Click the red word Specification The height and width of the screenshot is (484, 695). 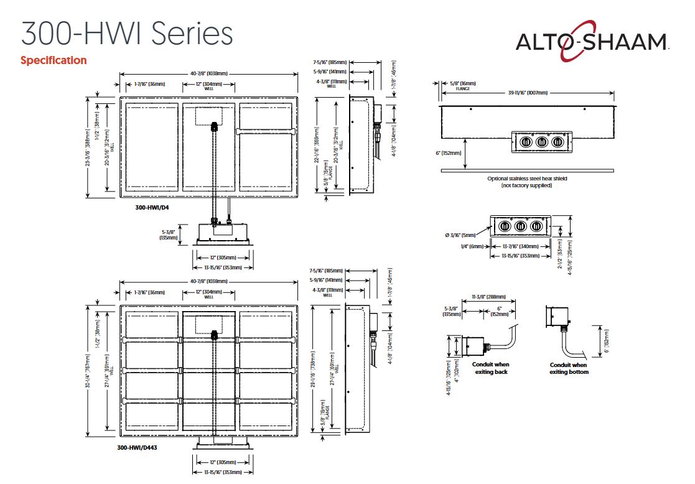[x=54, y=60]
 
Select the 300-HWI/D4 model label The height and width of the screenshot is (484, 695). [x=152, y=207]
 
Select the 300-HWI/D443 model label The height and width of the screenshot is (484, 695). [x=137, y=447]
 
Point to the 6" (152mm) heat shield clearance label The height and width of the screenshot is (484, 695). [x=449, y=152]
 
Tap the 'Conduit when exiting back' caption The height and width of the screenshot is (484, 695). [x=490, y=368]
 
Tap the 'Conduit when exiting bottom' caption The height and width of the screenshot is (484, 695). [x=568, y=368]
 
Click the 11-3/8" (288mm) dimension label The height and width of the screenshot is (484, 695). [x=488, y=297]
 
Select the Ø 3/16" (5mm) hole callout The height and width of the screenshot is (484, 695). [x=462, y=235]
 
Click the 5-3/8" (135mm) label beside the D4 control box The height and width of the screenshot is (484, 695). [x=169, y=234]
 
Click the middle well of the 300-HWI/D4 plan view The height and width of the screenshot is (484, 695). [x=209, y=148]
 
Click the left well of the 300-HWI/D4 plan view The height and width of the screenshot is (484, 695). [x=152, y=148]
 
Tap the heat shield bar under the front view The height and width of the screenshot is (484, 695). [x=526, y=170]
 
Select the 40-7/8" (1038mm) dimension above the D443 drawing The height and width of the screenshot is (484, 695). [x=209, y=281]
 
